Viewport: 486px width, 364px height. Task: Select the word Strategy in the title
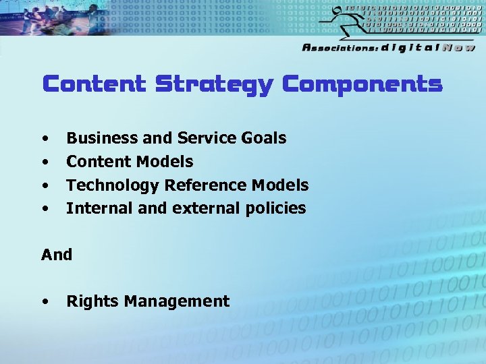pos(214,85)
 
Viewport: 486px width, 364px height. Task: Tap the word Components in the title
pos(362,84)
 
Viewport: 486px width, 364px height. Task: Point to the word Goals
pos(263,138)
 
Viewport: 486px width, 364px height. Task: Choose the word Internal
pos(99,208)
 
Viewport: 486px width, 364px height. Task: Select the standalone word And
pos(57,255)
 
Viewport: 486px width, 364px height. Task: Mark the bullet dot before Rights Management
pos(45,302)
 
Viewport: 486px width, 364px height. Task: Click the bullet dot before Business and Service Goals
pos(45,139)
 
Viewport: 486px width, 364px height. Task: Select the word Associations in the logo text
pos(340,48)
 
